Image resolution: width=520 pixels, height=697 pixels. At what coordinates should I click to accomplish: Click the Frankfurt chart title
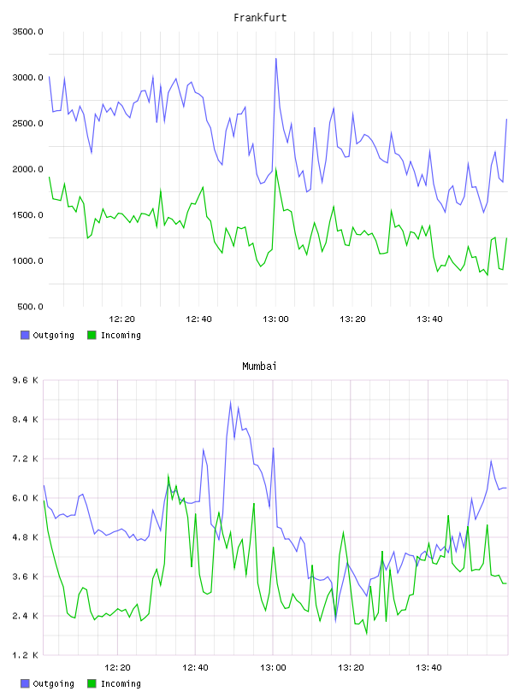260,17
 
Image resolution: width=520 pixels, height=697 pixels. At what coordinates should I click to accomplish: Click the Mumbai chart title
259,366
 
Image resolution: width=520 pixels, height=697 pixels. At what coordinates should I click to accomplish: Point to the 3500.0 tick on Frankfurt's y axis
27,32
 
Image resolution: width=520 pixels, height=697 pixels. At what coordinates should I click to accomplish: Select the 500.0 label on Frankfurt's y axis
30,307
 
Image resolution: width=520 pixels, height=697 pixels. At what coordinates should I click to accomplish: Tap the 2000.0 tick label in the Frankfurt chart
27,169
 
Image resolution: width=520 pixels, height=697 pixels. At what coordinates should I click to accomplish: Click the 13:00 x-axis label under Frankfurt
275,319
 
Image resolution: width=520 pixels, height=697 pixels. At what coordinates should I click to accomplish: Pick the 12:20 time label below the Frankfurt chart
121,319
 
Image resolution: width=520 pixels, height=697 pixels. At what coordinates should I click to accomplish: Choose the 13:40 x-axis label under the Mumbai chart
428,667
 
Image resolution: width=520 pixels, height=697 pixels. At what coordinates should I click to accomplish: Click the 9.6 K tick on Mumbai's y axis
26,380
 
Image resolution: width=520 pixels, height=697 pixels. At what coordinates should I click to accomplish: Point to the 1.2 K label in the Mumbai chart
26,655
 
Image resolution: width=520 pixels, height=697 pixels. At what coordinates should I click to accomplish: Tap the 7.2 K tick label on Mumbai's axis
26,459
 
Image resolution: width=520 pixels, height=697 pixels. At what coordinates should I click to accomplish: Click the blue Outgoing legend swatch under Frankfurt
25,335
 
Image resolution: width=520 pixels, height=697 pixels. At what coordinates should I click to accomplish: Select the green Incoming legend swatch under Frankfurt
92,335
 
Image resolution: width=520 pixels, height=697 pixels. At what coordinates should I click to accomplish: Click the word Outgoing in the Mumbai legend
53,683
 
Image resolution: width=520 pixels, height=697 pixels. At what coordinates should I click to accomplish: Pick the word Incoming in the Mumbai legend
121,683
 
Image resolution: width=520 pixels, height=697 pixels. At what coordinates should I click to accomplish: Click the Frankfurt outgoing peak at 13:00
276,58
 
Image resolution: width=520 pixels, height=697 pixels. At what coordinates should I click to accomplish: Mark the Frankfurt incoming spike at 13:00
276,168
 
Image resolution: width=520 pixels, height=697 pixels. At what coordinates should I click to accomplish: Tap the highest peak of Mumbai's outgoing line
231,401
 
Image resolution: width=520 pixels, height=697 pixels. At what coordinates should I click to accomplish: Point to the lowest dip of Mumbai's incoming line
367,634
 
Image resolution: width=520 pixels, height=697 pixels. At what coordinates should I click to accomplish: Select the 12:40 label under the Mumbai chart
195,667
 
